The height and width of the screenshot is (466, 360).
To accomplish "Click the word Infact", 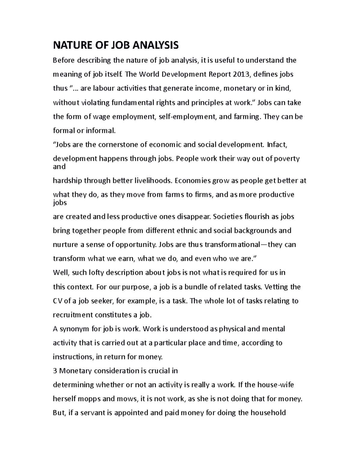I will pos(277,145).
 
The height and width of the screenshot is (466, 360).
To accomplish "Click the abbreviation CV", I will pos(57,301).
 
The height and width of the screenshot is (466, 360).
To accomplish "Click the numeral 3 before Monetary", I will pos(55,371).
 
